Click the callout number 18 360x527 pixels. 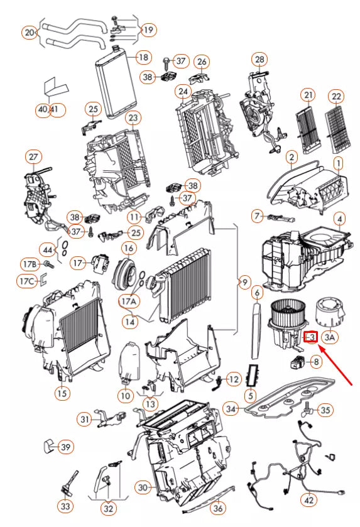143,57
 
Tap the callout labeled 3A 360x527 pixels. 330,337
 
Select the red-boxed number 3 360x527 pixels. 311,337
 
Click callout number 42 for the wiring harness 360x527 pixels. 308,500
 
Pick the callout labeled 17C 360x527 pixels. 27,281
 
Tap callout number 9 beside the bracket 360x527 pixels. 244,282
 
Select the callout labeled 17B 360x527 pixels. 30,264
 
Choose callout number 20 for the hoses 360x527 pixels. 30,33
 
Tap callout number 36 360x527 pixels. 218,508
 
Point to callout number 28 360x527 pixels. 259,60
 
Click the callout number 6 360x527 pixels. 257,293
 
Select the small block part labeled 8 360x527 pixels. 297,362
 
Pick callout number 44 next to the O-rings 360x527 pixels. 48,250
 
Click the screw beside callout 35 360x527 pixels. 308,410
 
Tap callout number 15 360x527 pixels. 62,393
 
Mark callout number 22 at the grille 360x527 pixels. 336,97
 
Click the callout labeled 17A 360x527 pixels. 129,301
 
